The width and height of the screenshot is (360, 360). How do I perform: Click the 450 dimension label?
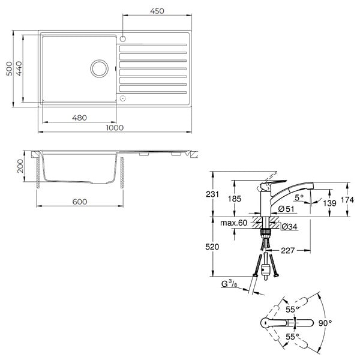tap(157, 11)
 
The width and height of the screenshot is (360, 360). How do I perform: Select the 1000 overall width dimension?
tap(115, 128)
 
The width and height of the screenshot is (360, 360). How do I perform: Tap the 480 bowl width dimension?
tap(79, 118)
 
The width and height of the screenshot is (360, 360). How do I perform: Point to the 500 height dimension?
tap(10, 68)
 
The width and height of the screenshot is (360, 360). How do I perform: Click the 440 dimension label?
tap(19, 68)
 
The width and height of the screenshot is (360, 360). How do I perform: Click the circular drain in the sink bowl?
tap(100, 68)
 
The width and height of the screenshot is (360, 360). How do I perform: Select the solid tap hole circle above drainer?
tap(123, 39)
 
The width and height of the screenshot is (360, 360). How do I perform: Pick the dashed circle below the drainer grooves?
tap(123, 98)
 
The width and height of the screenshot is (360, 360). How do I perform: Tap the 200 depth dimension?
tap(20, 166)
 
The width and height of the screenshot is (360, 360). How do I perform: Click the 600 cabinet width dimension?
tap(80, 202)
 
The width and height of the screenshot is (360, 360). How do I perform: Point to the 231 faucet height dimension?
tap(212, 194)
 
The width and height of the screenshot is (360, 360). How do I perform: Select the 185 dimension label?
tap(235, 199)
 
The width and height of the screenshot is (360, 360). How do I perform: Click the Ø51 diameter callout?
tap(286, 209)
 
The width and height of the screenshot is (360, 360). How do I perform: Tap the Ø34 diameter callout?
tap(289, 227)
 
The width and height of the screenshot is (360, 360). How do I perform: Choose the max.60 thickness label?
tap(233, 223)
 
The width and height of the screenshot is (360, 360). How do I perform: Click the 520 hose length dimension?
tap(212, 247)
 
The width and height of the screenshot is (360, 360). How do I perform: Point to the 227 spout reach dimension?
tap(287, 250)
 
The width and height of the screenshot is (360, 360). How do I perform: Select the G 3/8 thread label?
tap(229, 284)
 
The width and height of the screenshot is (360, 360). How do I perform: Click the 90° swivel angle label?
tap(325, 323)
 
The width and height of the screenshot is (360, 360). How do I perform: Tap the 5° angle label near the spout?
tap(299, 197)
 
